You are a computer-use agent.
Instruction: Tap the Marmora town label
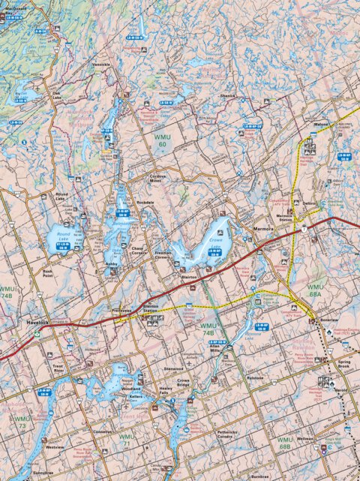(264, 225)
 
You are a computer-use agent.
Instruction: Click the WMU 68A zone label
(314, 291)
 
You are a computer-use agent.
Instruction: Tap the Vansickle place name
(100, 65)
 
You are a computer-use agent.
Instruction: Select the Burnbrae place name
(281, 476)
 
